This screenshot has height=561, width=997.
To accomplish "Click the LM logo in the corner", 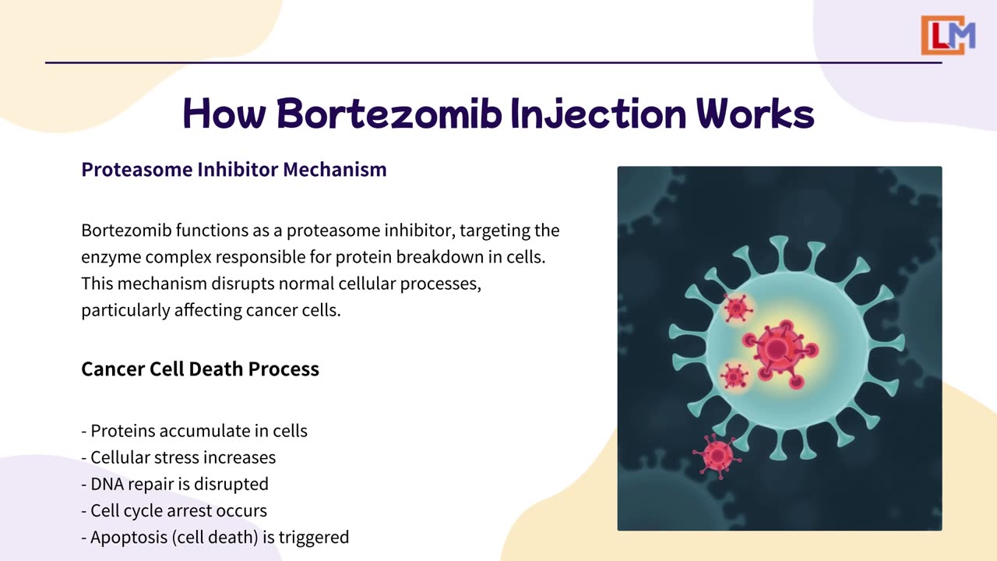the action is tap(948, 35).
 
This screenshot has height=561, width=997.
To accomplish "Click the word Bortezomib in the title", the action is tap(389, 114).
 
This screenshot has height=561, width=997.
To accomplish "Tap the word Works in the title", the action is tap(756, 114).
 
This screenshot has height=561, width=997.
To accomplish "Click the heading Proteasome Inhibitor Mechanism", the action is tap(234, 170).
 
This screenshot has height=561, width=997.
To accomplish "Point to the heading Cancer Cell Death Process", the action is tap(200, 369).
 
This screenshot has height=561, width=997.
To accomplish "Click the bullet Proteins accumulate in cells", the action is tap(194, 431).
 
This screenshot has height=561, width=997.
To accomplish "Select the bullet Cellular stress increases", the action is tap(178, 457).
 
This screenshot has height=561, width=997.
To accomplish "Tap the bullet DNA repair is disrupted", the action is tap(175, 485).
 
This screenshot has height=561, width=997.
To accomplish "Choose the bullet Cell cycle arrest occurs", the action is tap(174, 511).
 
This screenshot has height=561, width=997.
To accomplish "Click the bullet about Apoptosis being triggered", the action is tap(215, 538).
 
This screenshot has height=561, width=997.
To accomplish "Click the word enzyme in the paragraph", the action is tap(111, 258).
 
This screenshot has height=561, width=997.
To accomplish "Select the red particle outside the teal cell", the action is tap(717, 456).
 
